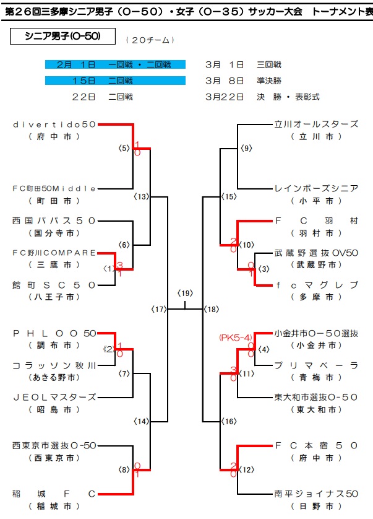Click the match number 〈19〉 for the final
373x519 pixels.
click(x=185, y=293)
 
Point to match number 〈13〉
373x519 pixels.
click(x=142, y=196)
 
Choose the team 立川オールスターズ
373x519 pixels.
click(x=316, y=124)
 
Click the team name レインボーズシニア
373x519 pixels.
click(x=316, y=188)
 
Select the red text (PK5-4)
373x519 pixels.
click(x=234, y=338)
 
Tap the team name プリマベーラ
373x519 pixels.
click(x=316, y=365)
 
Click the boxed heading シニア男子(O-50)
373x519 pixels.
click(x=63, y=37)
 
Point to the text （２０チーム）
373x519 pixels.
click(x=150, y=40)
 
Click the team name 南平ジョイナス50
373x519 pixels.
click(x=316, y=494)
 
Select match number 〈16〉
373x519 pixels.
click(x=229, y=421)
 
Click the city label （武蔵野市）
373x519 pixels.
click(x=316, y=264)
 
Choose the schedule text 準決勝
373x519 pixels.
click(x=270, y=81)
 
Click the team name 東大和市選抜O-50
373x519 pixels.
click(x=316, y=397)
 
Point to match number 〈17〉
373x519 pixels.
click(x=160, y=308)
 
